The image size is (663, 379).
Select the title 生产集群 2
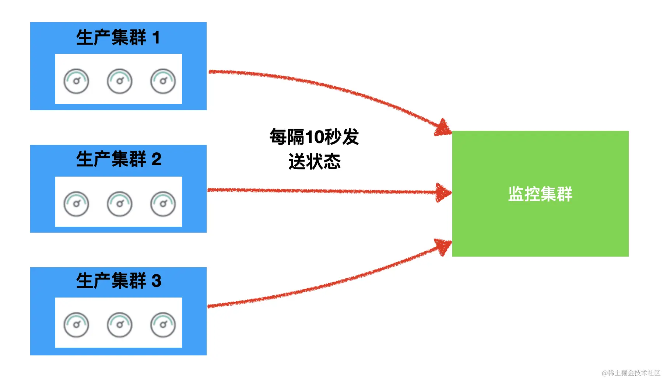click(x=119, y=159)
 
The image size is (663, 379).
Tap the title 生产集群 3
click(x=119, y=281)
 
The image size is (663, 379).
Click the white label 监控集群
click(x=540, y=194)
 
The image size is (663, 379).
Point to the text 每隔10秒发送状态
click(x=314, y=149)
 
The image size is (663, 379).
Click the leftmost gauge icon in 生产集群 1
click(x=76, y=81)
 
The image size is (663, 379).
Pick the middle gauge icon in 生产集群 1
click(x=120, y=81)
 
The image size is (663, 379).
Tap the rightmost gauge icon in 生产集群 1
click(x=163, y=81)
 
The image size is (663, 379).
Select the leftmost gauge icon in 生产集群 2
click(x=76, y=204)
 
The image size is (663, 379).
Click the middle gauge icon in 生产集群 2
click(x=120, y=204)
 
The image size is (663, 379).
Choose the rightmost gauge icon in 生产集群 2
click(x=163, y=204)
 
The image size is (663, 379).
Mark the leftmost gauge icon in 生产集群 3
click(x=76, y=325)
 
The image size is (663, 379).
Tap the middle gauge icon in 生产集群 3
click(x=120, y=325)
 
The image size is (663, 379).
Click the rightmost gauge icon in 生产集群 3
click(x=163, y=325)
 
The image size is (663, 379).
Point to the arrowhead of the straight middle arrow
click(x=443, y=192)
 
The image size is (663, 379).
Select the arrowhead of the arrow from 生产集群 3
click(x=443, y=247)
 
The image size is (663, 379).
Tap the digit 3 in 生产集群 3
click(x=157, y=281)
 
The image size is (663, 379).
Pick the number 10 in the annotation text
click(x=314, y=137)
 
